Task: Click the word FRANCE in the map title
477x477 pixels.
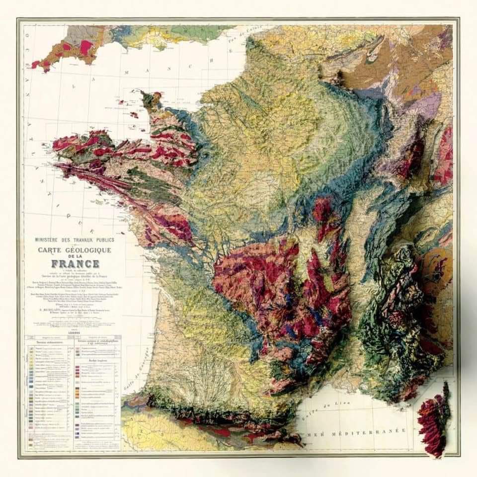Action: tap(75, 263)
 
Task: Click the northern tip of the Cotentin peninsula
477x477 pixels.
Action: tap(147, 94)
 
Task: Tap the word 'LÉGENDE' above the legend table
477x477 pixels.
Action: tap(74, 333)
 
